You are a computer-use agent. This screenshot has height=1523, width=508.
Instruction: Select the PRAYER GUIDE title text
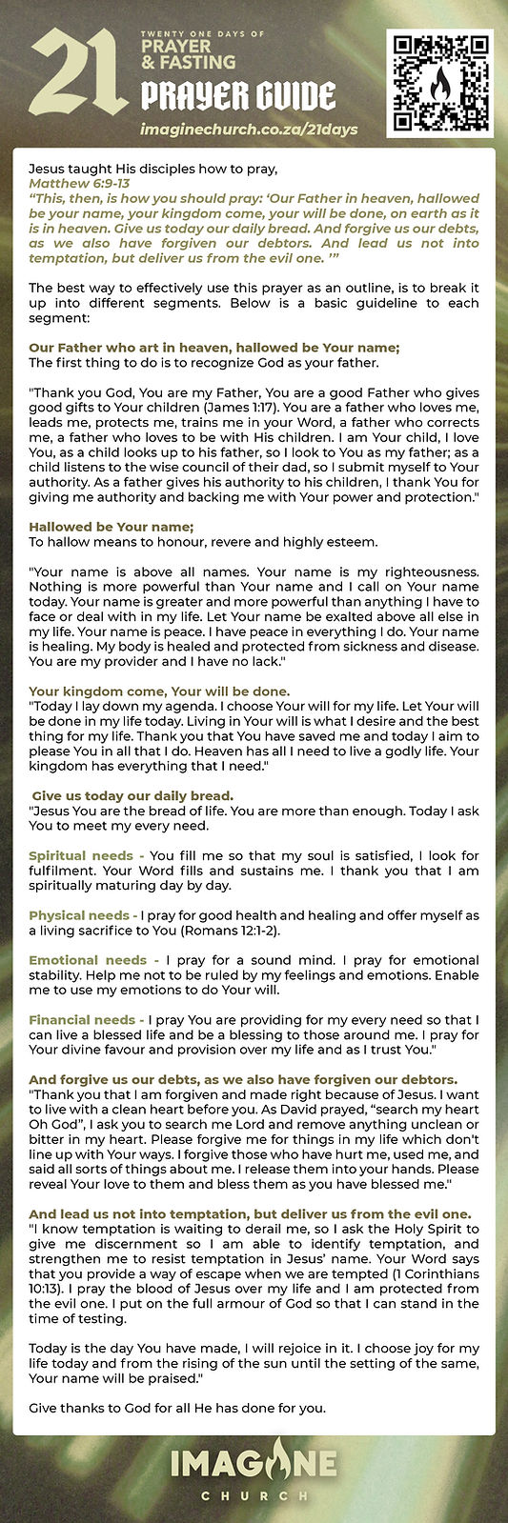coord(238,96)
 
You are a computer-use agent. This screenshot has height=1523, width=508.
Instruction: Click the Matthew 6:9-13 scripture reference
coord(79,184)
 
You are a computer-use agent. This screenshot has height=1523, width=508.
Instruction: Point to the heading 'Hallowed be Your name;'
coord(112,527)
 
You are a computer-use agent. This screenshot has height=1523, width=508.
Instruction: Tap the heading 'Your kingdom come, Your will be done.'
coord(159,691)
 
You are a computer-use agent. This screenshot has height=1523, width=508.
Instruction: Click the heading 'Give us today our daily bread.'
coord(132,795)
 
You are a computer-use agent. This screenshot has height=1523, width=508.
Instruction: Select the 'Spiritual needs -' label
coord(87,855)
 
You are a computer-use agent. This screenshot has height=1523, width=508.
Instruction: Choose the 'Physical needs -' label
coord(83,915)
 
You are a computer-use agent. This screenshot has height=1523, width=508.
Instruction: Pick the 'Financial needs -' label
coord(87,1020)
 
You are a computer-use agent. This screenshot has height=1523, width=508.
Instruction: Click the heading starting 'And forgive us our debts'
coord(243,1079)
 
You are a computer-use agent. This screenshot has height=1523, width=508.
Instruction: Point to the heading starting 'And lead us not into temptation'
coord(250,1213)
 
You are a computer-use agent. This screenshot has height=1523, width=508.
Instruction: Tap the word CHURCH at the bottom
coord(254,1495)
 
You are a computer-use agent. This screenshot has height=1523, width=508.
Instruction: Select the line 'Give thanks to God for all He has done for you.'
coord(177,1408)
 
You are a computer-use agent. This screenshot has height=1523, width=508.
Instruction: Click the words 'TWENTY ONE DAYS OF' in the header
coord(202,33)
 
